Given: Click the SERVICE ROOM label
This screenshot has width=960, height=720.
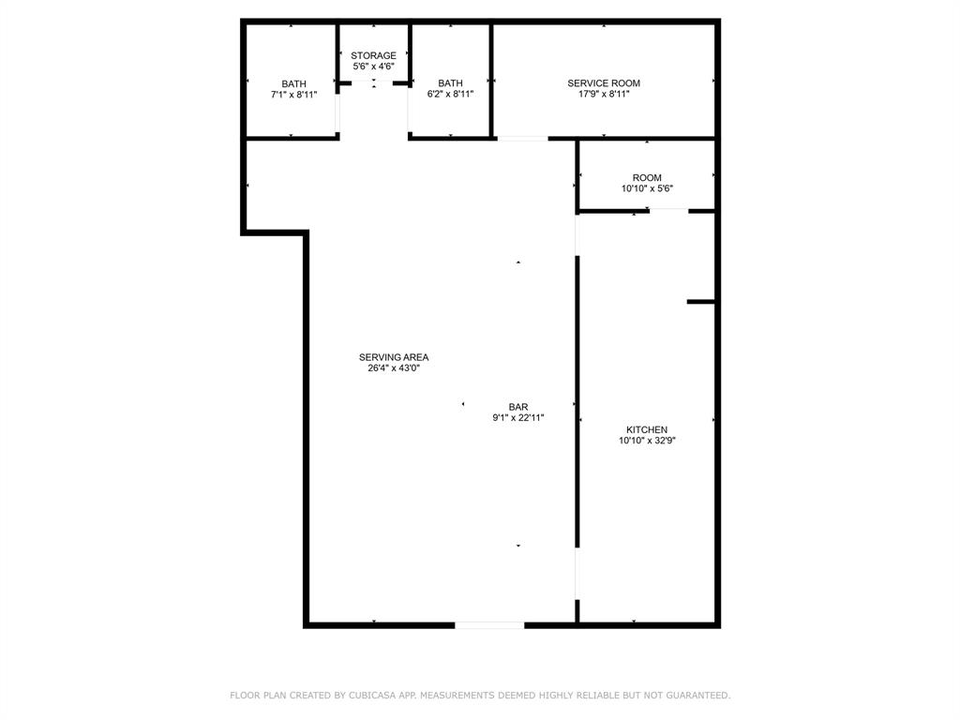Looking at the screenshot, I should point(604,83).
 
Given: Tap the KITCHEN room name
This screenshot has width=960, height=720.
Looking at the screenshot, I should point(647,429).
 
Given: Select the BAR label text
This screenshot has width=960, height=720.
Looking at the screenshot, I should point(518,407).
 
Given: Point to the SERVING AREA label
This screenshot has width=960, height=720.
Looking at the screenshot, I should point(394,357).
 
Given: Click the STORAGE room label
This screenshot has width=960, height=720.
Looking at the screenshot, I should point(373,56).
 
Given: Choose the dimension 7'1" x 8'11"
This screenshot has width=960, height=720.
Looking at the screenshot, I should point(293,95).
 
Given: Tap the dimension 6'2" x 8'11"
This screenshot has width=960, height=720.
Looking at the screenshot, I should point(450,95).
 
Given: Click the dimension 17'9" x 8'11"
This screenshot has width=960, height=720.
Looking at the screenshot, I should point(604,95).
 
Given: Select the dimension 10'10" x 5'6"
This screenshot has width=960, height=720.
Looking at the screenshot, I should point(647,188).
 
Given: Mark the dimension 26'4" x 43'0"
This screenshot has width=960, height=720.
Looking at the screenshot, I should point(394,368).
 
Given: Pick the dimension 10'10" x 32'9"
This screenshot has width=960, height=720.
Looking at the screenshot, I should point(647,441).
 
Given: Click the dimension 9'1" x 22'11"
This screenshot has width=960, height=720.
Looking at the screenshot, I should point(518,418).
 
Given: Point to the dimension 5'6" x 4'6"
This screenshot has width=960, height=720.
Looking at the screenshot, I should point(373,67).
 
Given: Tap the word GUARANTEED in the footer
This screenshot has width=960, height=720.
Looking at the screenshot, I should point(695,696).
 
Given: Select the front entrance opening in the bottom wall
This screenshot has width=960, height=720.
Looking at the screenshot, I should point(489,624).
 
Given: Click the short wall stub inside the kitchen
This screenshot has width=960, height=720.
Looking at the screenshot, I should point(701,302).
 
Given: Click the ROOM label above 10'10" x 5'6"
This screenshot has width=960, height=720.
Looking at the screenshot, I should point(647,178).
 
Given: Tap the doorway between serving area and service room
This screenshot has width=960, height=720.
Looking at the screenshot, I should point(522,139).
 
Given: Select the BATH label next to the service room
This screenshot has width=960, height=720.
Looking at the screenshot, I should point(450,83).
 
